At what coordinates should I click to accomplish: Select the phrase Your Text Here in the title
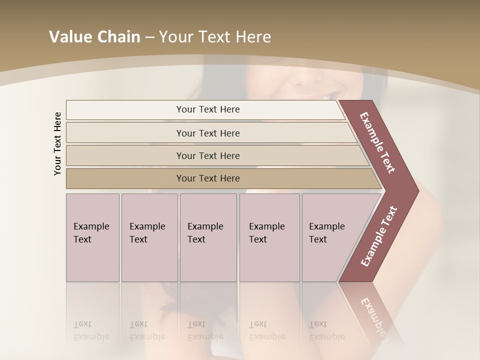(x=215, y=37)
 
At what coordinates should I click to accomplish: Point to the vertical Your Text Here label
(x=57, y=143)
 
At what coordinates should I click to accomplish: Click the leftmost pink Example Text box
(x=92, y=238)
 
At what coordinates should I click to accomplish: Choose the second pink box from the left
(x=149, y=238)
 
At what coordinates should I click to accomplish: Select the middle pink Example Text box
(x=208, y=238)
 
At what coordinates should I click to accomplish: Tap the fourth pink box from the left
(x=269, y=238)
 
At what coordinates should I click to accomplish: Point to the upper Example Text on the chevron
(x=377, y=143)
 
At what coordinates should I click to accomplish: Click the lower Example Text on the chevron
(x=379, y=236)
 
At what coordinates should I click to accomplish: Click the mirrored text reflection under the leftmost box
(x=91, y=330)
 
